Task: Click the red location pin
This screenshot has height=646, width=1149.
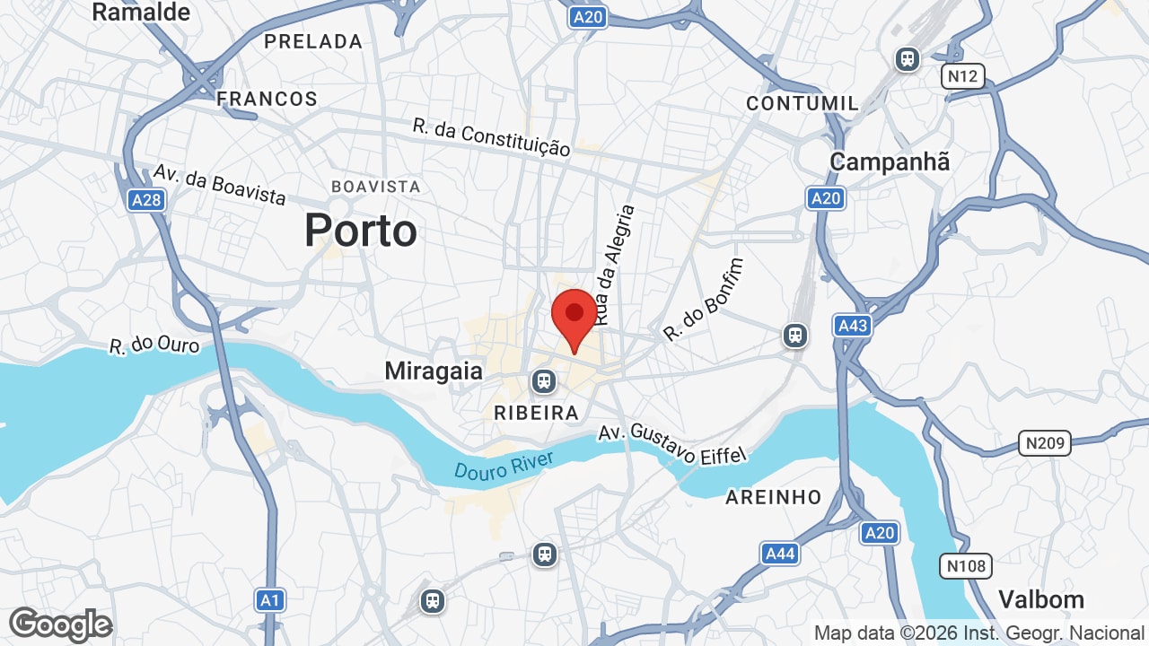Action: click(x=574, y=317)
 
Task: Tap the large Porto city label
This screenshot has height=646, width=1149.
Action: click(x=360, y=231)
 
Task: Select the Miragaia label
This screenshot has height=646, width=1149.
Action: click(x=434, y=371)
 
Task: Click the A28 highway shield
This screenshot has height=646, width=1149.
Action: click(x=145, y=199)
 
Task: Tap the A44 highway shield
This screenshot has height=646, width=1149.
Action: click(x=779, y=554)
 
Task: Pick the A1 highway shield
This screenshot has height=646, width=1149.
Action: click(x=270, y=599)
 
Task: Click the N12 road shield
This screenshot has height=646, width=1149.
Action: click(x=962, y=76)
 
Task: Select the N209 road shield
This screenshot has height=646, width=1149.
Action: click(x=1046, y=442)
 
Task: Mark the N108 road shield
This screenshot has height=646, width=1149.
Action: click(x=966, y=566)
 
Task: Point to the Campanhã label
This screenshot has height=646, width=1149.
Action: click(x=890, y=162)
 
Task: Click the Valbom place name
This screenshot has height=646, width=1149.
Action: click(x=1041, y=599)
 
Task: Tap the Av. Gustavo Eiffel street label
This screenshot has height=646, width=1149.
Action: click(x=672, y=443)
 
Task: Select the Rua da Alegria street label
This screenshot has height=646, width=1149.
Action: click(x=615, y=265)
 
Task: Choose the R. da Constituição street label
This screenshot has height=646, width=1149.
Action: click(x=491, y=137)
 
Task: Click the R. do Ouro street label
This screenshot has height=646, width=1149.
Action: click(x=154, y=345)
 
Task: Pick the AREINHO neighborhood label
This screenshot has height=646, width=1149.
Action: click(x=773, y=497)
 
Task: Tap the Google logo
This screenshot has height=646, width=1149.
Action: click(x=61, y=624)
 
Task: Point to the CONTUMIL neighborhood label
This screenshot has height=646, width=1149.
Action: click(x=803, y=103)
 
